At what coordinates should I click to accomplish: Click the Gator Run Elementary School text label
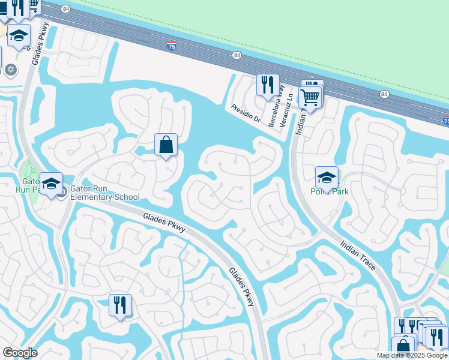[105, 193]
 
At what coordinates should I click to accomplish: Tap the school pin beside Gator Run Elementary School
[52, 183]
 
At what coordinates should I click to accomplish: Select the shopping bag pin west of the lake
[166, 145]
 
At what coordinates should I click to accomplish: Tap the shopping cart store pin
[310, 97]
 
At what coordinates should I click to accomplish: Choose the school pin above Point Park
[327, 178]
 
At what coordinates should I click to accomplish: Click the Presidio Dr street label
[246, 113]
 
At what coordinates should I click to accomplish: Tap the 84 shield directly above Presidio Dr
[237, 56]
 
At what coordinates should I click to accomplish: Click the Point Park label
[330, 191]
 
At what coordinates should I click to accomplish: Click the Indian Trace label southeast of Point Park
[358, 255]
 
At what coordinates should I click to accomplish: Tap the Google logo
[20, 353]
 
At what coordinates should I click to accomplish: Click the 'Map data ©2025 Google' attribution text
[411, 355]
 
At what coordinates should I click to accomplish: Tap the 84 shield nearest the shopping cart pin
[384, 94]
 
